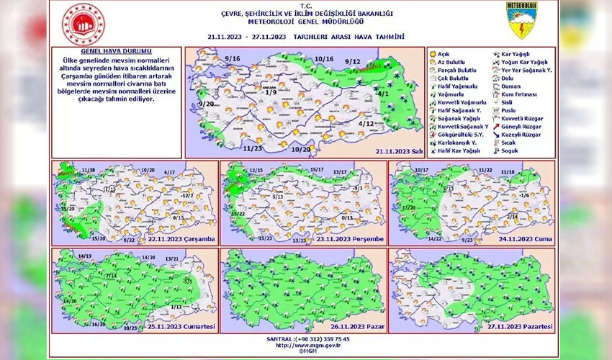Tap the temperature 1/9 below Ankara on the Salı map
pyautogui.click(x=270, y=93)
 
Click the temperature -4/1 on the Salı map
pyautogui.click(x=382, y=94)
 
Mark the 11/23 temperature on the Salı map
pyautogui.click(x=252, y=148)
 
